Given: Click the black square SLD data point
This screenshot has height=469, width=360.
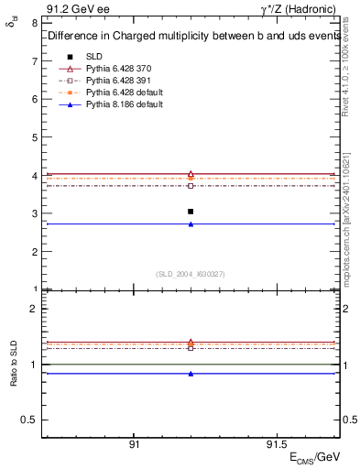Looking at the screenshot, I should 190,212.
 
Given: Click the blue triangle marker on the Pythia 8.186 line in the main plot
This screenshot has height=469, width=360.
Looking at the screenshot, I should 190,224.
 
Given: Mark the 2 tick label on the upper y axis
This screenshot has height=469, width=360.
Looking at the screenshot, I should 35,251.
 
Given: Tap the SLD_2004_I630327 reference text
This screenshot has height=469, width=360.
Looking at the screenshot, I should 190,274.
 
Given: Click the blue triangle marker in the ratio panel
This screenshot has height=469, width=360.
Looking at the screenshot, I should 190,374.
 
